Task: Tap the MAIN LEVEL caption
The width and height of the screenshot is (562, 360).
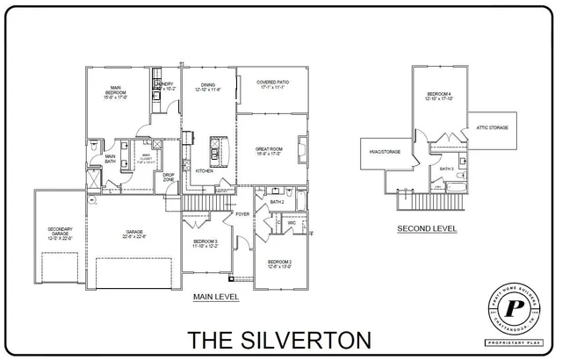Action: [216, 298]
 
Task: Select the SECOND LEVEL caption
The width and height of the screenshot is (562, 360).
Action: [427, 228]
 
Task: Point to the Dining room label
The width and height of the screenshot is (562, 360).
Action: [206, 86]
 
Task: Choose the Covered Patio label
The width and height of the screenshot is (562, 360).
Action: [274, 85]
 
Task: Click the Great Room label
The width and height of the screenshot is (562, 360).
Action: [267, 151]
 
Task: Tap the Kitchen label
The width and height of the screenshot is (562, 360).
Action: [205, 170]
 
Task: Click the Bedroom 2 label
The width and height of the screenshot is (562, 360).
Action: [279, 263]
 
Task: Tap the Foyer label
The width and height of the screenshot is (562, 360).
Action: [242, 213]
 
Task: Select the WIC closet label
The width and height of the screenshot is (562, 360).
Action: [291, 223]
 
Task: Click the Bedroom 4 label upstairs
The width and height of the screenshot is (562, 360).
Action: [439, 96]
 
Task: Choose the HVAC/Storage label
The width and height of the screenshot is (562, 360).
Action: [385, 151]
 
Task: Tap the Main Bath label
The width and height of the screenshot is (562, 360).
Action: [111, 159]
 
